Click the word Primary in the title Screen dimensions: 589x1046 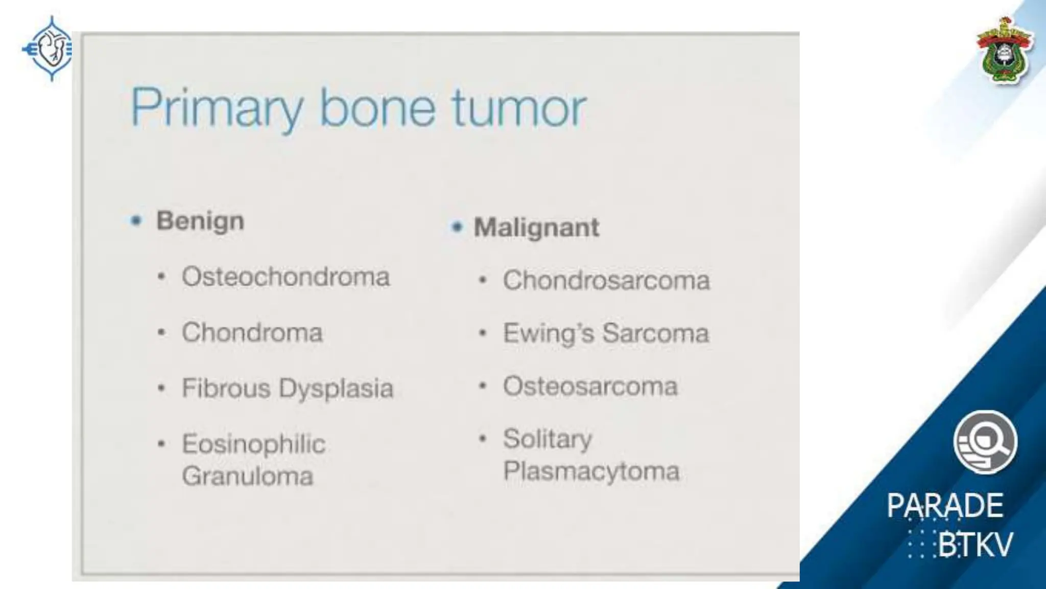[217, 108]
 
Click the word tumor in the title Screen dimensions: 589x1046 [519, 108]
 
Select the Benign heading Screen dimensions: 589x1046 [200, 221]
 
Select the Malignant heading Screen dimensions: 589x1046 [536, 228]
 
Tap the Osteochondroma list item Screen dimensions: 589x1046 [286, 277]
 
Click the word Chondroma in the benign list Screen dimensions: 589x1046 [252, 332]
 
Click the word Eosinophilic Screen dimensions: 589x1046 [254, 444]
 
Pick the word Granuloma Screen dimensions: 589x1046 [248, 476]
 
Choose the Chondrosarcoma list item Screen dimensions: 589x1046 [606, 280]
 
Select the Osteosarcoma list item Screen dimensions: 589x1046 [590, 386]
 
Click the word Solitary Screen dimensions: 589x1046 [548, 439]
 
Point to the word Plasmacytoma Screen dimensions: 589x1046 [591, 471]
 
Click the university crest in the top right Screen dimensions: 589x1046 [1004, 51]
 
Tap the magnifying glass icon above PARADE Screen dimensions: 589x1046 [985, 442]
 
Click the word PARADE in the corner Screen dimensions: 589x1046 [945, 506]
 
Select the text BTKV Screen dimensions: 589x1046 [974, 545]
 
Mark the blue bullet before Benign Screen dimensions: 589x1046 [136, 221]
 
